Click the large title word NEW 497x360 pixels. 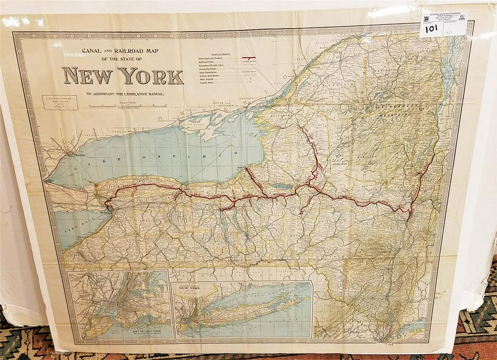(x=87, y=76)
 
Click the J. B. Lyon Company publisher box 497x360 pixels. (x=60, y=102)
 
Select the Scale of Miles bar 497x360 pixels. (x=128, y=106)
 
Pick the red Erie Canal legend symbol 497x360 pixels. (x=249, y=58)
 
